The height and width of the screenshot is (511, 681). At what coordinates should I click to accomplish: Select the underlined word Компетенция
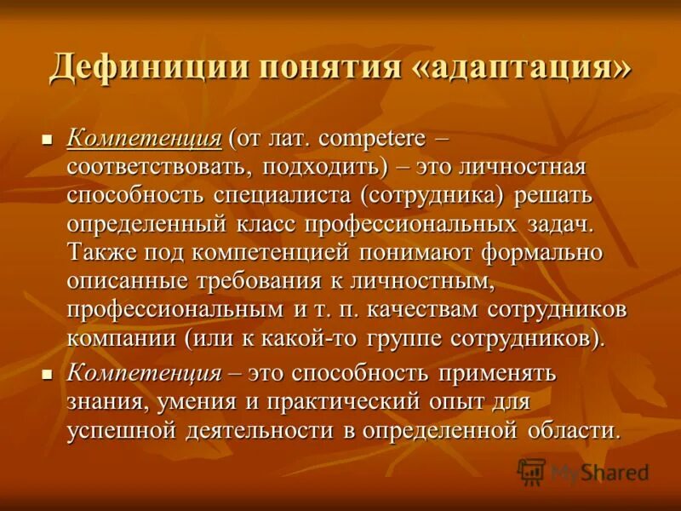coord(144,137)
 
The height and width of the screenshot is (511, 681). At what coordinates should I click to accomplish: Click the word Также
coord(101,254)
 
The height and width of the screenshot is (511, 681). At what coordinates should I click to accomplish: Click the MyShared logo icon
coord(531,471)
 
